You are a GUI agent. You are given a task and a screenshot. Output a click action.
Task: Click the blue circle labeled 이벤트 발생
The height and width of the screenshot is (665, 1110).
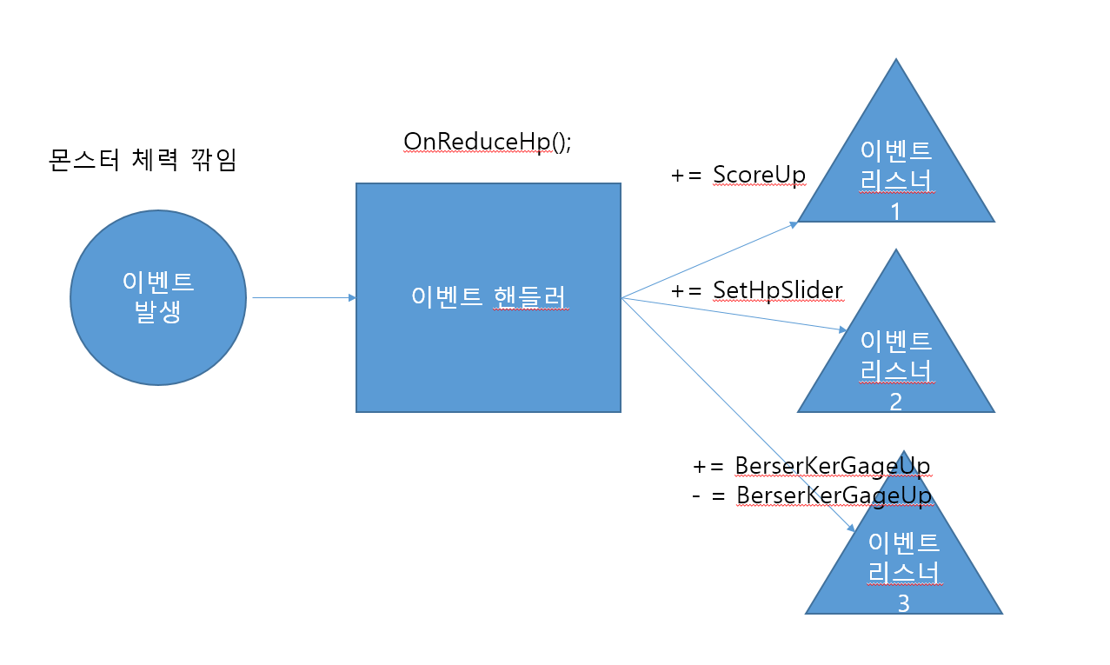coord(157,298)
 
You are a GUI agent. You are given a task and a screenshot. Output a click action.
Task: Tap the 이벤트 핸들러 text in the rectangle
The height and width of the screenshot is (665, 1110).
coord(489,297)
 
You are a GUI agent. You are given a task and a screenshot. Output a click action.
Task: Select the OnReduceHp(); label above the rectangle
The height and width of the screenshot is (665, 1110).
coord(487,142)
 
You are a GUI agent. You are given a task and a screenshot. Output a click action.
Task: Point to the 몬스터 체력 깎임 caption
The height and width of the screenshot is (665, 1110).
coord(141,161)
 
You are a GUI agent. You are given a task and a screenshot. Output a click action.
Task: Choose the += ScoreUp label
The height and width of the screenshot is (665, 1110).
coord(738,175)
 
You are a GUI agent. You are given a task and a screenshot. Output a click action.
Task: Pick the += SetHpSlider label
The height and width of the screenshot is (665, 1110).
coord(757,289)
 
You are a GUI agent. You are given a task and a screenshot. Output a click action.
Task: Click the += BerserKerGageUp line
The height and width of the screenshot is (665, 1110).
coord(811,466)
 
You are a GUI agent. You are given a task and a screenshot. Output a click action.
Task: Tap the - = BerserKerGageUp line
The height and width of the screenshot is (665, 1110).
coord(811,495)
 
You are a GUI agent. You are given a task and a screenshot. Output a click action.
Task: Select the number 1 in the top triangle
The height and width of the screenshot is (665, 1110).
coord(895,211)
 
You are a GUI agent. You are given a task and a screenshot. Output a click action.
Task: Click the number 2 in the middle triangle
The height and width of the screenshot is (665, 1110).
coord(895,402)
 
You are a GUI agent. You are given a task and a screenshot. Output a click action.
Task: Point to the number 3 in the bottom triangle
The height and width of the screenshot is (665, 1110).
coord(903,602)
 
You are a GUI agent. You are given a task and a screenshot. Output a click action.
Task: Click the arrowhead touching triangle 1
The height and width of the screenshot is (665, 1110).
coord(794,224)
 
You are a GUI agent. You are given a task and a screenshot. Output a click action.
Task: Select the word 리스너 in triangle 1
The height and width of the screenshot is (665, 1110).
coord(895,182)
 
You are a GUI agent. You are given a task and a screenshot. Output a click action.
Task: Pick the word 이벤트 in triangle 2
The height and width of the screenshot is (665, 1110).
coord(895,340)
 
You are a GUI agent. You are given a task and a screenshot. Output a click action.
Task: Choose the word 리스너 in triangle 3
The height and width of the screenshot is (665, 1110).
coord(903,573)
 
